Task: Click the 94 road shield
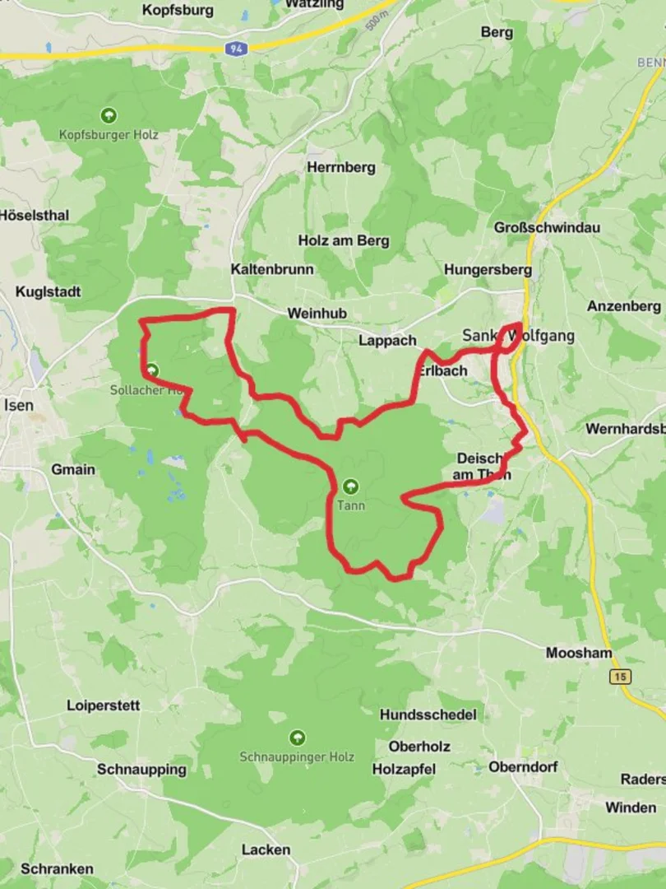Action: pyautogui.click(x=236, y=49)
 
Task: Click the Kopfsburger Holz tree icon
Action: pyautogui.click(x=108, y=115)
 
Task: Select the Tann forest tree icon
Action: pyautogui.click(x=351, y=486)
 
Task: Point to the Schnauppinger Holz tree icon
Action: pyautogui.click(x=297, y=737)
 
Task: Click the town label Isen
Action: pyautogui.click(x=19, y=405)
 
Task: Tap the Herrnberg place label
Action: pyautogui.click(x=340, y=167)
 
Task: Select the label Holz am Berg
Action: pyautogui.click(x=343, y=241)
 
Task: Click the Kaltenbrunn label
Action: pyautogui.click(x=272, y=269)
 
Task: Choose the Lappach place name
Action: pyautogui.click(x=387, y=341)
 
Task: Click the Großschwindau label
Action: pyautogui.click(x=547, y=227)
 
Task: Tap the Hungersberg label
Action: pyautogui.click(x=488, y=269)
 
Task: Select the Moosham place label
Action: pyautogui.click(x=579, y=654)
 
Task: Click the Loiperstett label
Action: pyautogui.click(x=104, y=705)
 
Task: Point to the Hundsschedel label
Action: pyautogui.click(x=428, y=715)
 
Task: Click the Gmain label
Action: pyautogui.click(x=73, y=470)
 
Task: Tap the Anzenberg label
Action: pyautogui.click(x=623, y=306)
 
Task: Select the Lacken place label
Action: pyautogui.click(x=266, y=849)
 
